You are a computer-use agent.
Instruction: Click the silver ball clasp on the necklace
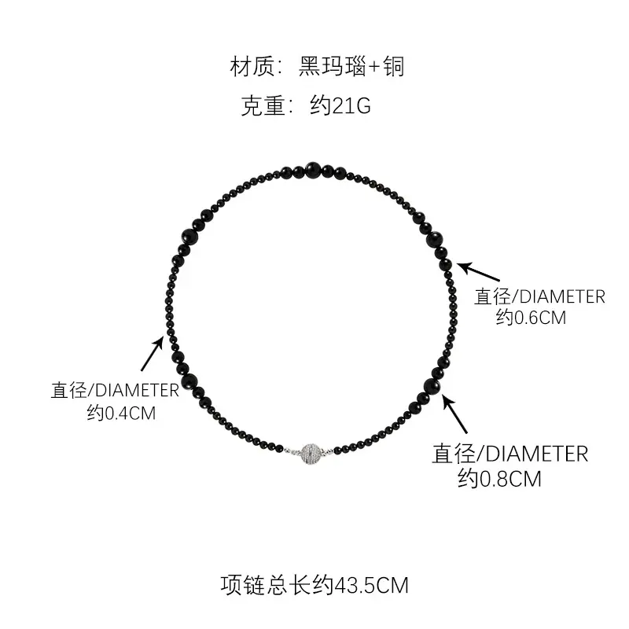(311, 454)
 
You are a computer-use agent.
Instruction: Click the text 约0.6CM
(531, 317)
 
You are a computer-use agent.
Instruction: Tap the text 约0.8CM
(499, 478)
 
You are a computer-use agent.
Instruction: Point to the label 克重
(262, 106)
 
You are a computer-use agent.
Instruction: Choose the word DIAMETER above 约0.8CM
(535, 454)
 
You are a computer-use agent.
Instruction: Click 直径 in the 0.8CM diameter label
(454, 454)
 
